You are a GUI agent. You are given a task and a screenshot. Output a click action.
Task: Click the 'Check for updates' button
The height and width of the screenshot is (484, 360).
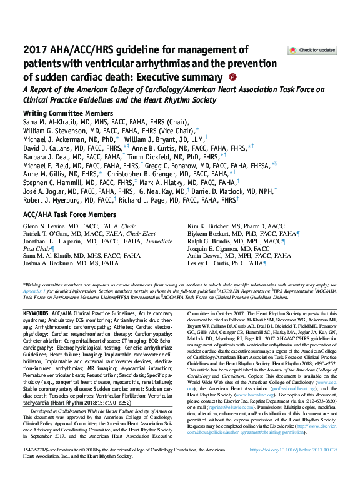pyautogui.click(x=311, y=50)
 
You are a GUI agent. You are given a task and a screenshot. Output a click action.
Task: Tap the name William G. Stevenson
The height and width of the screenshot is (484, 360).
pyautogui.click(x=53, y=130)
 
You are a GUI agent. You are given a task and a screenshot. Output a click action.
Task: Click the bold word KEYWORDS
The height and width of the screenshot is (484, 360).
pyautogui.click(x=35, y=311)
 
